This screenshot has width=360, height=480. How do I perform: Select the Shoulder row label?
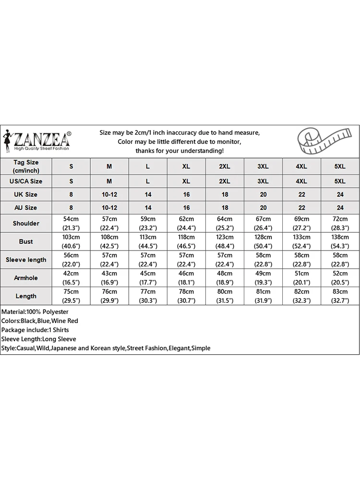tap(26, 223)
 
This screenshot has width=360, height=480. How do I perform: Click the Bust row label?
tap(26, 241)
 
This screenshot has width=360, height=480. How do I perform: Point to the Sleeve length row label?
tap(26, 260)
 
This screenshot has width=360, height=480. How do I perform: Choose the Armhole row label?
tap(26, 278)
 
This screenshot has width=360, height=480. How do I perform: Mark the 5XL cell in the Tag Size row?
tap(340, 166)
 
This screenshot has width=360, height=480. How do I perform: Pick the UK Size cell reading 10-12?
tap(109, 194)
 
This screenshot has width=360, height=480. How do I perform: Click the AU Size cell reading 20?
tap(263, 208)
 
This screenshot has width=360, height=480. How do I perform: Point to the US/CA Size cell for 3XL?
tap(263, 181)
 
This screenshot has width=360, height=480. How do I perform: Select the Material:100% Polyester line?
tap(35, 312)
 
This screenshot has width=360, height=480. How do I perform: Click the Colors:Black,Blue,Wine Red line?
tap(40, 321)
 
